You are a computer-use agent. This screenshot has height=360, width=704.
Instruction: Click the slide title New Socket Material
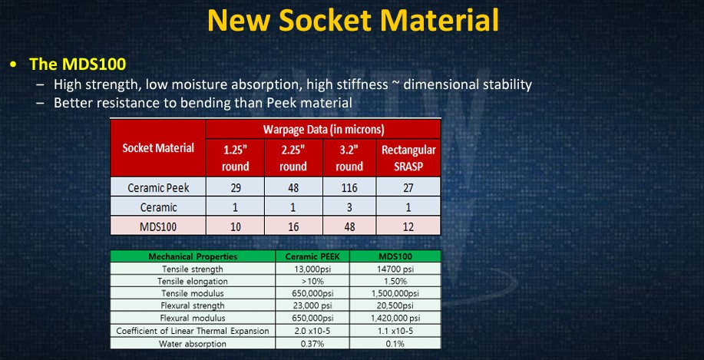tap(353, 20)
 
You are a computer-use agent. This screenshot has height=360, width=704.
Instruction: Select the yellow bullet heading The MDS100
tap(78, 64)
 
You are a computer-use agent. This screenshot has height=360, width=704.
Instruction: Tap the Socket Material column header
tap(158, 147)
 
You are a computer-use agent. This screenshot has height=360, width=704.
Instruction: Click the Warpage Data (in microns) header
tap(323, 130)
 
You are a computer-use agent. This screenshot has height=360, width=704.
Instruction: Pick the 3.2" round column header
tap(349, 158)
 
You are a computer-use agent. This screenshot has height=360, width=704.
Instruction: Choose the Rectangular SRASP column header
tap(408, 158)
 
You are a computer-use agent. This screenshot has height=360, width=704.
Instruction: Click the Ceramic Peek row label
tap(158, 187)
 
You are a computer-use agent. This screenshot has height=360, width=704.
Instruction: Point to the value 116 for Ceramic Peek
tap(349, 187)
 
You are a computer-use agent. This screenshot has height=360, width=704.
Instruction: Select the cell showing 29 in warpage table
tap(235, 187)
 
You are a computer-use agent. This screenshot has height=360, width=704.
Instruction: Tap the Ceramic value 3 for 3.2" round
tap(349, 207)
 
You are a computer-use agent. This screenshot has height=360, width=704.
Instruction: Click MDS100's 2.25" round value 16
tap(293, 226)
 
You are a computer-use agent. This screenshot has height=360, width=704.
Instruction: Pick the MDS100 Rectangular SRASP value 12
tap(408, 226)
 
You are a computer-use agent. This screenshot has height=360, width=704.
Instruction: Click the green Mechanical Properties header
tap(193, 256)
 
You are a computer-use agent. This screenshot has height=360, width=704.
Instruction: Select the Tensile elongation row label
tap(193, 282)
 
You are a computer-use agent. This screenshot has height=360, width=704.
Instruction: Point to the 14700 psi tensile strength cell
tap(395, 269)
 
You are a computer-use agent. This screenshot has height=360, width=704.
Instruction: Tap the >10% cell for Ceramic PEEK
tap(312, 282)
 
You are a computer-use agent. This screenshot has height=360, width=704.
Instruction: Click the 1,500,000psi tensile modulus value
tap(395, 293)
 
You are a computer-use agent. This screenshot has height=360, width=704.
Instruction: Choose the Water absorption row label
tap(193, 344)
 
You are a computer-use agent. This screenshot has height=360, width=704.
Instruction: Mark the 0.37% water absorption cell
tap(312, 344)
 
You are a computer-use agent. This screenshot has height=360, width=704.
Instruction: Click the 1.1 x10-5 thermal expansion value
tap(395, 332)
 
